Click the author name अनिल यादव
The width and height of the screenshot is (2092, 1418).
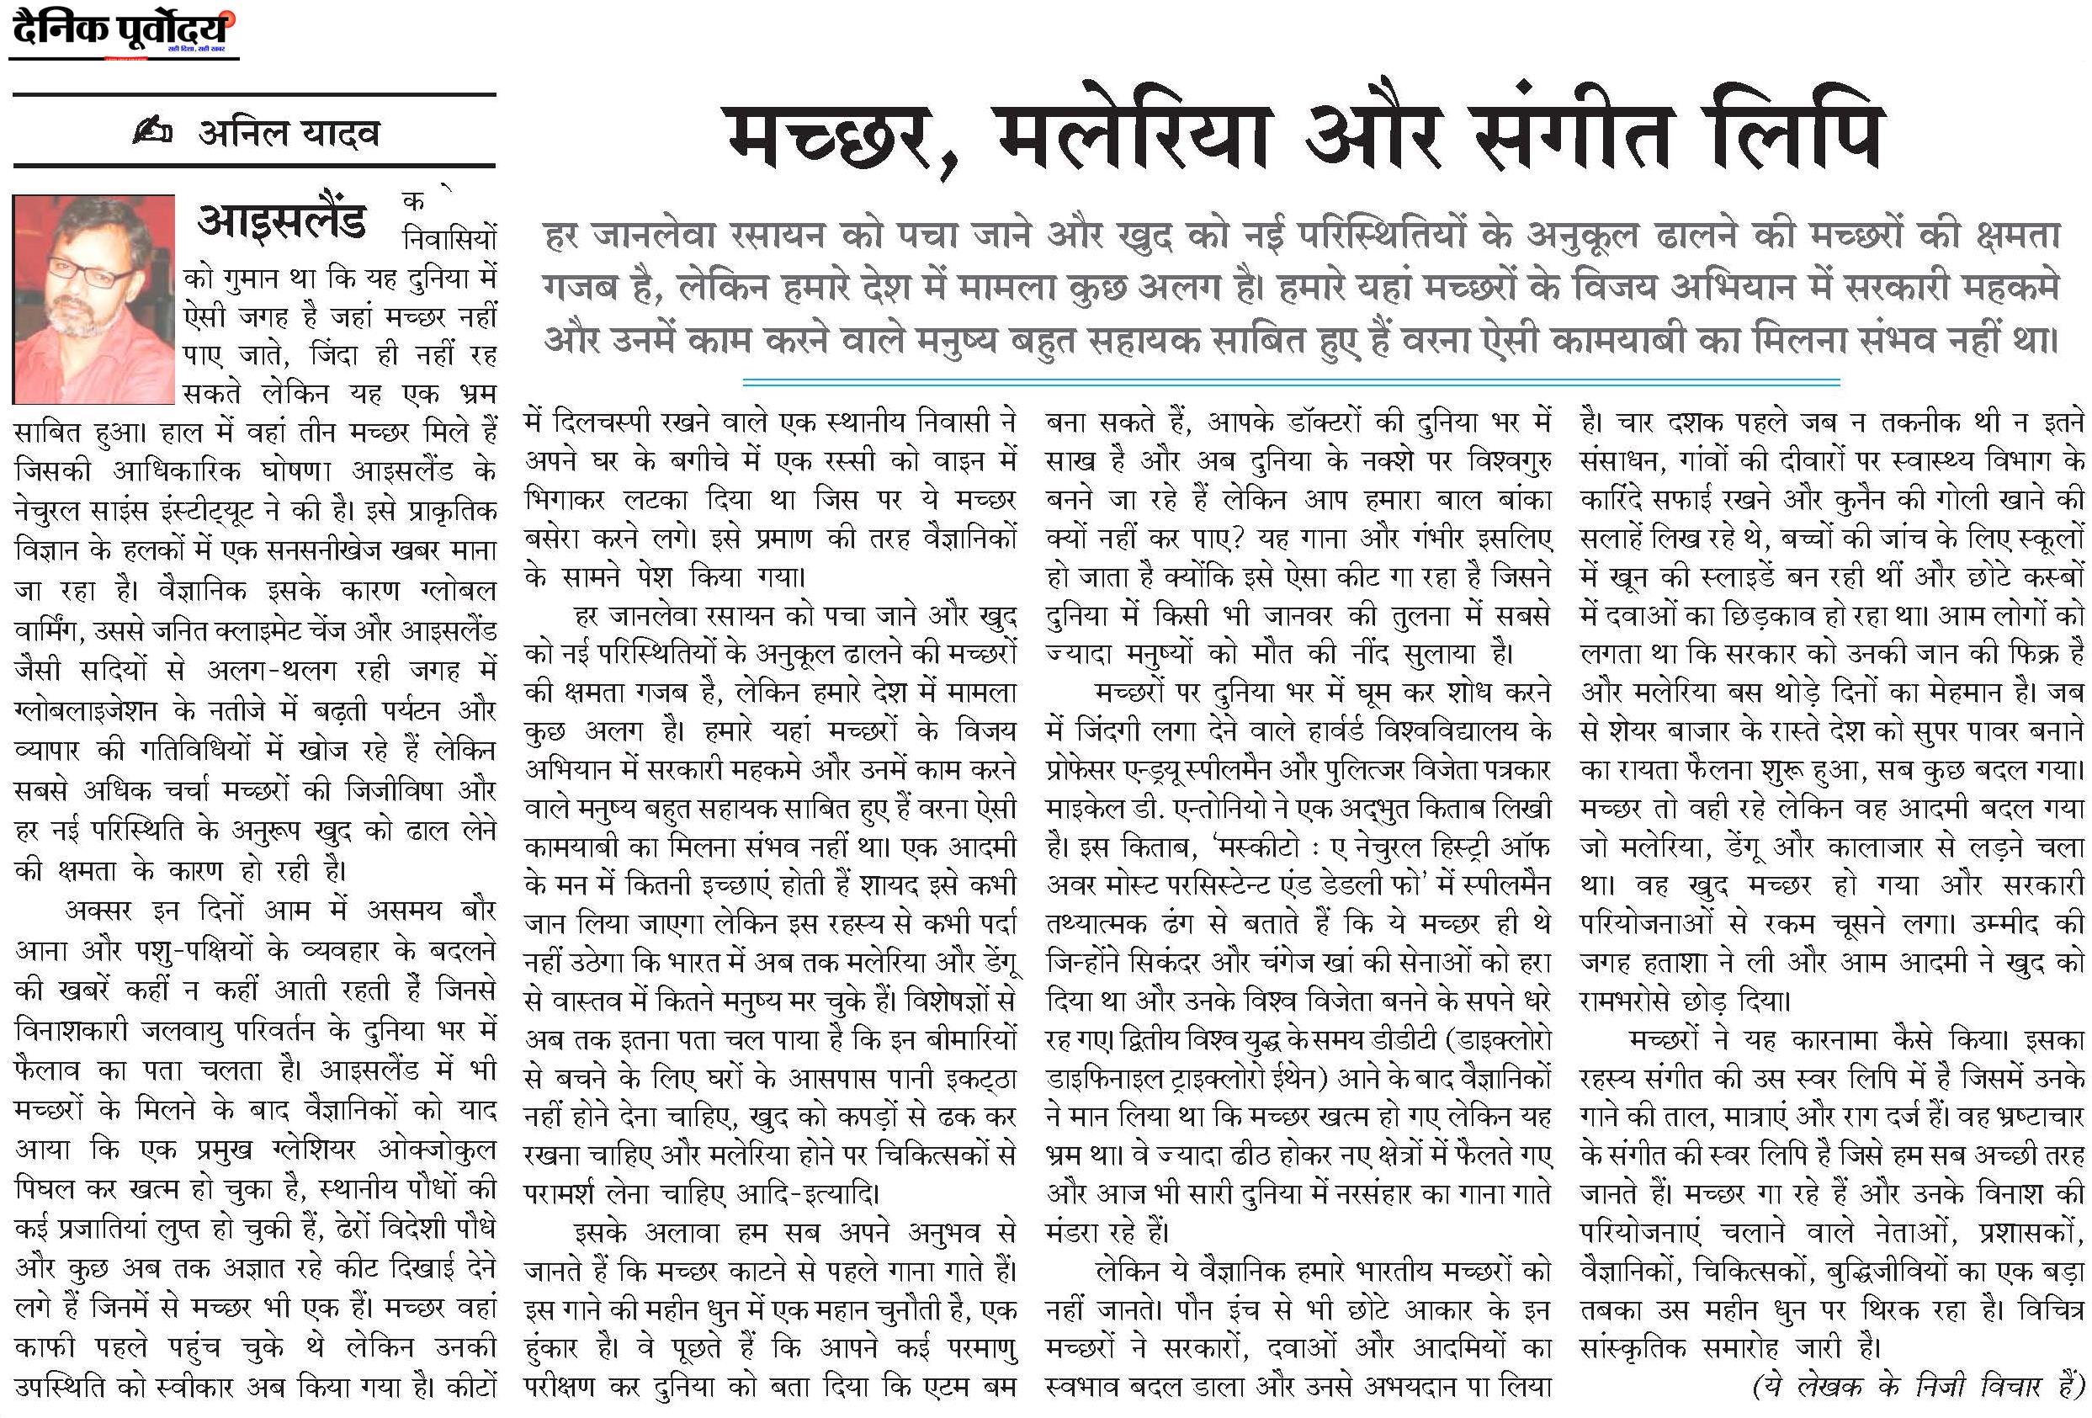(288, 133)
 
